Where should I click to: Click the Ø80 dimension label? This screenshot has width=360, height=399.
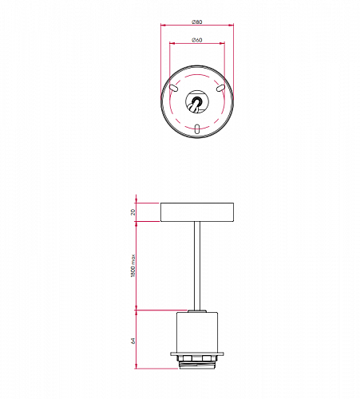197,22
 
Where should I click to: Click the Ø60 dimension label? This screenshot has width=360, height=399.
197,40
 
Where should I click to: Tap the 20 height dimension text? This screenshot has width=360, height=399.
133,212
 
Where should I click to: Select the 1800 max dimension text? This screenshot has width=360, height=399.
133,266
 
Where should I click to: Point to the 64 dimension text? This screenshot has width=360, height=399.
133,341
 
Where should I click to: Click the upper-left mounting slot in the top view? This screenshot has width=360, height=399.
173,88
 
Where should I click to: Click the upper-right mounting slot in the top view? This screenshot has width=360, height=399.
220,88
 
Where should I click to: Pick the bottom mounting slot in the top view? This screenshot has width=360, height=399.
197,128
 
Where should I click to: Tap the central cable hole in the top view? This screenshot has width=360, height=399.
197,101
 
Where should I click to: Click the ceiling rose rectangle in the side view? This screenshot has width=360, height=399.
197,212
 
